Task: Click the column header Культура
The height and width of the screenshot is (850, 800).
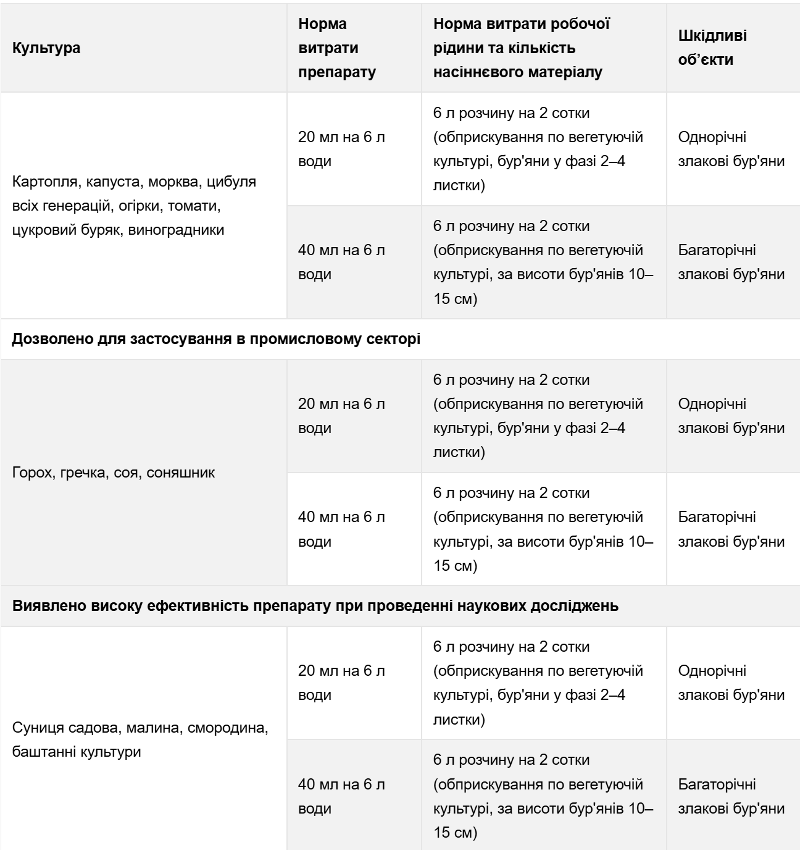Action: click(x=46, y=48)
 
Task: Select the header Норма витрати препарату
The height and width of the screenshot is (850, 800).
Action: click(x=337, y=48)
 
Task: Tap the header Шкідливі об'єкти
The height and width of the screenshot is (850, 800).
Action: click(x=712, y=48)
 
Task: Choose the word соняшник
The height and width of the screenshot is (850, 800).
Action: click(x=180, y=474)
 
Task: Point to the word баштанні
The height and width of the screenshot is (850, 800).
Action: click(x=42, y=752)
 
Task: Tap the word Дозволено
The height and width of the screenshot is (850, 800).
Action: click(x=49, y=340)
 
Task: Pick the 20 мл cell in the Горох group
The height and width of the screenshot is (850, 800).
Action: click(x=341, y=416)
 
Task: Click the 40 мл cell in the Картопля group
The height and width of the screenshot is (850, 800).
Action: click(x=341, y=263)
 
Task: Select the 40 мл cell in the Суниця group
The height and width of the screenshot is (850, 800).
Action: click(x=341, y=797)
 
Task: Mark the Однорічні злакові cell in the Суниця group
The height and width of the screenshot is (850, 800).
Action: click(x=731, y=683)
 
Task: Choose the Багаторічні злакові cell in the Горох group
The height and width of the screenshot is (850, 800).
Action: click(x=731, y=529)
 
